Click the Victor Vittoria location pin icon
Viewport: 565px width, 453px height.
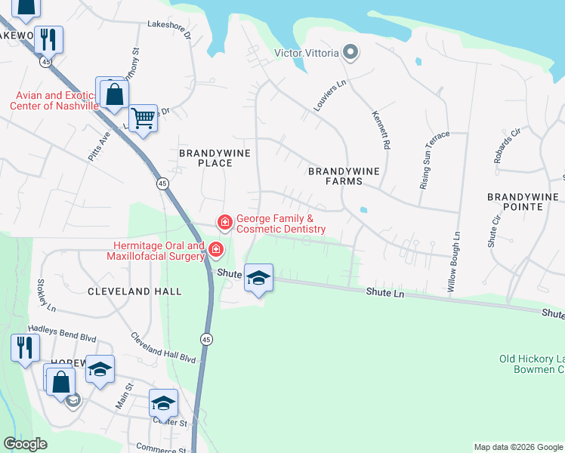coord(349,53)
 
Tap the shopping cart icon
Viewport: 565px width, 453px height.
coord(143,118)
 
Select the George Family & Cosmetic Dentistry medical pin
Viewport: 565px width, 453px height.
coord(224,222)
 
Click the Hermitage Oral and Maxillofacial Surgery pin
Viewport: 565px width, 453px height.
coord(216,249)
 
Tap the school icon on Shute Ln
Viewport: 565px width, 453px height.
coord(258,279)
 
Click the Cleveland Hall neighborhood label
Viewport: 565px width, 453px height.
coord(134,291)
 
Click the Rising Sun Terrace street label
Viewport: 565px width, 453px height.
coord(434,160)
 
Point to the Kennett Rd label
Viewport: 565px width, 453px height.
coord(381,129)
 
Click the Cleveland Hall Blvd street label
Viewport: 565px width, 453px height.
coord(163,347)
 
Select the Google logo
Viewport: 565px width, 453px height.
coord(26,444)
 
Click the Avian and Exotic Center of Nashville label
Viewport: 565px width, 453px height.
coord(54,100)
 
